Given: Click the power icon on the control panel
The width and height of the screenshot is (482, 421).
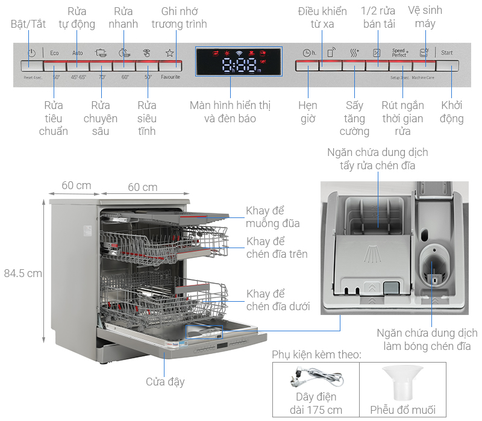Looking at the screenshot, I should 31,53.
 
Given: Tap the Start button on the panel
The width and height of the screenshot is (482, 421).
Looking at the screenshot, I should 446,53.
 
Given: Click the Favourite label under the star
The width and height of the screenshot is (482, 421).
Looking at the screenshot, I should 170,77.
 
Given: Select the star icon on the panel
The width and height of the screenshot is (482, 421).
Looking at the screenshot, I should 170,53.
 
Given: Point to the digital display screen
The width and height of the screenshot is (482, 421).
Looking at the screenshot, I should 239,61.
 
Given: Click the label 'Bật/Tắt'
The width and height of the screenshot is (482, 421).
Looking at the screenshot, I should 28,24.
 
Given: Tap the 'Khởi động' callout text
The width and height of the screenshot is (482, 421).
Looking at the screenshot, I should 452,112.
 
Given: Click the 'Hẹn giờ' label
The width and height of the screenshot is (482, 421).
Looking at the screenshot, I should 308,112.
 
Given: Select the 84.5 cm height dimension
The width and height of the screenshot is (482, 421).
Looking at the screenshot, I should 23,273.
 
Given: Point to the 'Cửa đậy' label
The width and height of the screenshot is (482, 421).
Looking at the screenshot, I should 165,382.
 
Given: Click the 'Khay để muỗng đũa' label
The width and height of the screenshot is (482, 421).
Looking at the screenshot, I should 272,217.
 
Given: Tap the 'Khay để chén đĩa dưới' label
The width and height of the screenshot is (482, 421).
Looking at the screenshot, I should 278,300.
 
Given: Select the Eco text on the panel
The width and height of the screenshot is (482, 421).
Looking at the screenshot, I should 54,53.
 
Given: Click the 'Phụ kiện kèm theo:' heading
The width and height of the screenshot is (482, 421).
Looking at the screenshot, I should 316,354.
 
